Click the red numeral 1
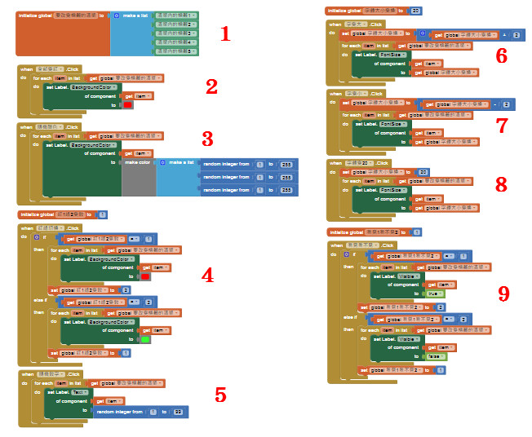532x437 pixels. point(226,34)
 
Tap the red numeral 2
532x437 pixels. point(211,87)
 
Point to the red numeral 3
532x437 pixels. point(207,139)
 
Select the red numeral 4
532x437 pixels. point(207,275)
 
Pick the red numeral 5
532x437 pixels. point(220,395)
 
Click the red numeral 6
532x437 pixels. point(501,55)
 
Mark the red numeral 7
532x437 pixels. point(501,125)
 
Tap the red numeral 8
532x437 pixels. point(501,184)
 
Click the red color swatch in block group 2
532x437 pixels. point(127,105)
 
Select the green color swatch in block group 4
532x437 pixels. point(145,339)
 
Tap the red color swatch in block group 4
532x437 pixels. point(145,277)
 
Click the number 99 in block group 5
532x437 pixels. point(177,412)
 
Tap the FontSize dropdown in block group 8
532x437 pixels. point(394,189)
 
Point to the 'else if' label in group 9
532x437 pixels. point(350,316)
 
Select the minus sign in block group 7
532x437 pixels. point(496,104)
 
